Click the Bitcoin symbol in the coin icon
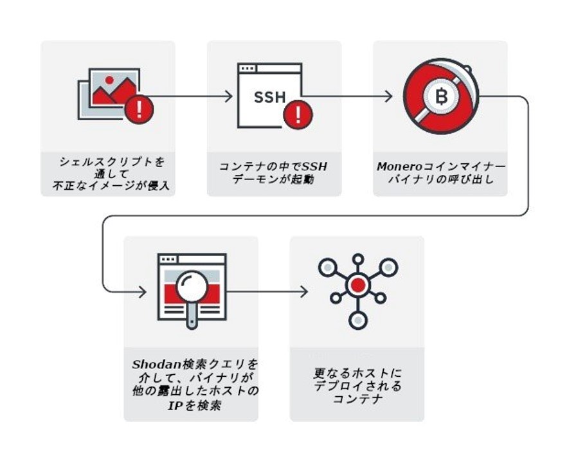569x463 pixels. (x=441, y=97)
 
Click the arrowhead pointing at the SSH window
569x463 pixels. (x=229, y=96)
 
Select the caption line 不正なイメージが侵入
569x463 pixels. (x=107, y=186)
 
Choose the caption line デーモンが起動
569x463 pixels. (x=274, y=179)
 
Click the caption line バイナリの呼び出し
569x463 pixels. (x=440, y=179)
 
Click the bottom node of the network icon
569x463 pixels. (x=357, y=320)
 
